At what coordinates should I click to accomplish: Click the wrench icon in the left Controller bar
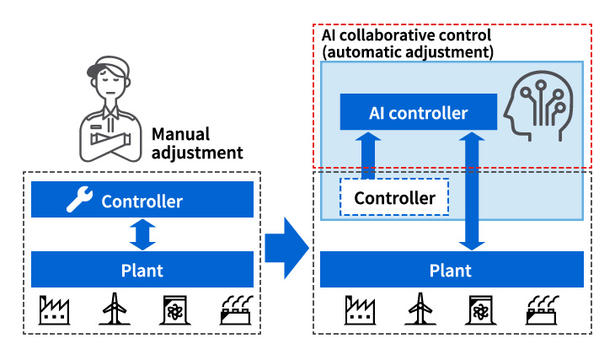click(79, 201)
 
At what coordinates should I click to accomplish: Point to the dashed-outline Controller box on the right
click(394, 198)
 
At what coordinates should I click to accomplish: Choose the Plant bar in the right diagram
click(452, 271)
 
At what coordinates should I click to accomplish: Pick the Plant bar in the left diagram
click(142, 271)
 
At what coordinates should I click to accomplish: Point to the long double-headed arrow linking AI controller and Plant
click(474, 191)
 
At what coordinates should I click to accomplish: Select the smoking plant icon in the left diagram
click(236, 310)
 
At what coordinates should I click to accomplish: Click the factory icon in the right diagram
click(361, 310)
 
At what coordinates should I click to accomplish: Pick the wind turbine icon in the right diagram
click(419, 310)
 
